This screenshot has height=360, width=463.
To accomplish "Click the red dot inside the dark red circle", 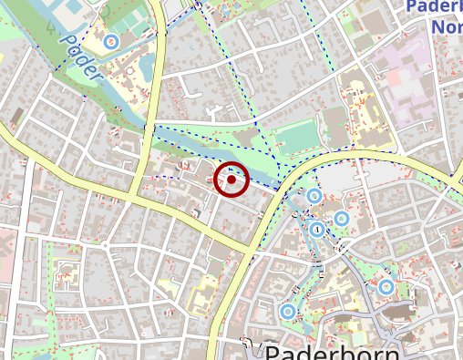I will pos(231,180).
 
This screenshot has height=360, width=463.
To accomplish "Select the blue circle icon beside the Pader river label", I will pos(111,41).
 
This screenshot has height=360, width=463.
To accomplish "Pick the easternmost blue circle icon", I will pos(386,287).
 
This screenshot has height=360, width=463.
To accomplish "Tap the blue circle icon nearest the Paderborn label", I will pos(288,312).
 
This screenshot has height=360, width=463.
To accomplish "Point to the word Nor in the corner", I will pos(446,27).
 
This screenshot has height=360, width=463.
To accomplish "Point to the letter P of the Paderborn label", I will pos(272,352).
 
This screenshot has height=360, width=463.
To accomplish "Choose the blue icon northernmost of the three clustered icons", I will pos(314,196).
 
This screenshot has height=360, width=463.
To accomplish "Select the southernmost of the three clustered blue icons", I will pos(317,229).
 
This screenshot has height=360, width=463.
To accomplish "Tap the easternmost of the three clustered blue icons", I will pos(342,219).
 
